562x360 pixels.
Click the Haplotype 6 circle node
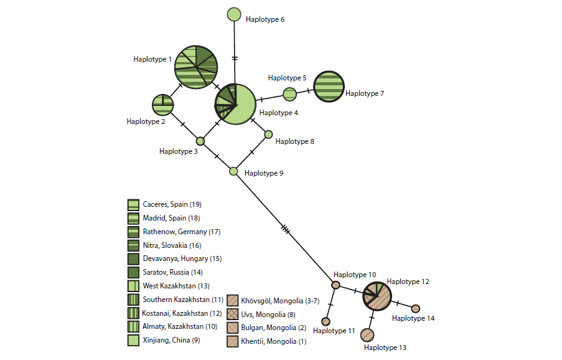click(234, 14)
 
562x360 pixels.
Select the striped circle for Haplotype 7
click(328, 87)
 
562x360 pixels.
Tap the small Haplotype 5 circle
click(290, 94)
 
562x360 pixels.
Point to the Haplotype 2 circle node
click(162, 105)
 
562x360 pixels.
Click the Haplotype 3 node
click(200, 141)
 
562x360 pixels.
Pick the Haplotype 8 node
click(268, 134)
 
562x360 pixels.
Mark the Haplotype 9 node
click(234, 171)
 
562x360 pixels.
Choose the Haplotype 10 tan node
click(335, 285)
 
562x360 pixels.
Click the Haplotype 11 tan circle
click(325, 321)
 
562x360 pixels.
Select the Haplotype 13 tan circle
click(367, 335)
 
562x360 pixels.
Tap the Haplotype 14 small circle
click(416, 308)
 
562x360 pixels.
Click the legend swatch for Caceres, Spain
click(133, 204)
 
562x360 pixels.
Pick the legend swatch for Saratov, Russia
click(133, 272)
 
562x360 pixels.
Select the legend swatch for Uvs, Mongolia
click(232, 313)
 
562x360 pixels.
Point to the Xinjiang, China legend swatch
click(133, 340)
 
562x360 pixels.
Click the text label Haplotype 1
click(152, 59)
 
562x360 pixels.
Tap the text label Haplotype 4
click(278, 113)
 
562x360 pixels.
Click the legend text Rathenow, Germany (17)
click(182, 232)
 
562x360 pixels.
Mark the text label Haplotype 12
click(408, 282)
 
